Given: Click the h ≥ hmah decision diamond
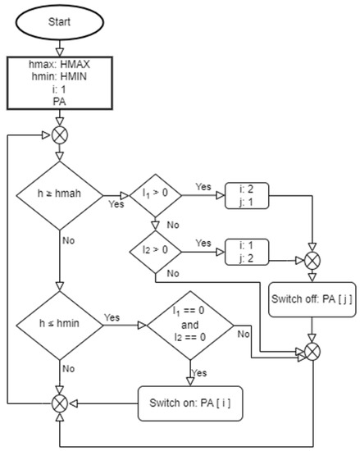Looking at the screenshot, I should (x=59, y=194).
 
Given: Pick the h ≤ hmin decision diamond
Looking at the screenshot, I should (x=59, y=326).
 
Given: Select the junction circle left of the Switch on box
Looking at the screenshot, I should (x=59, y=402).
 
